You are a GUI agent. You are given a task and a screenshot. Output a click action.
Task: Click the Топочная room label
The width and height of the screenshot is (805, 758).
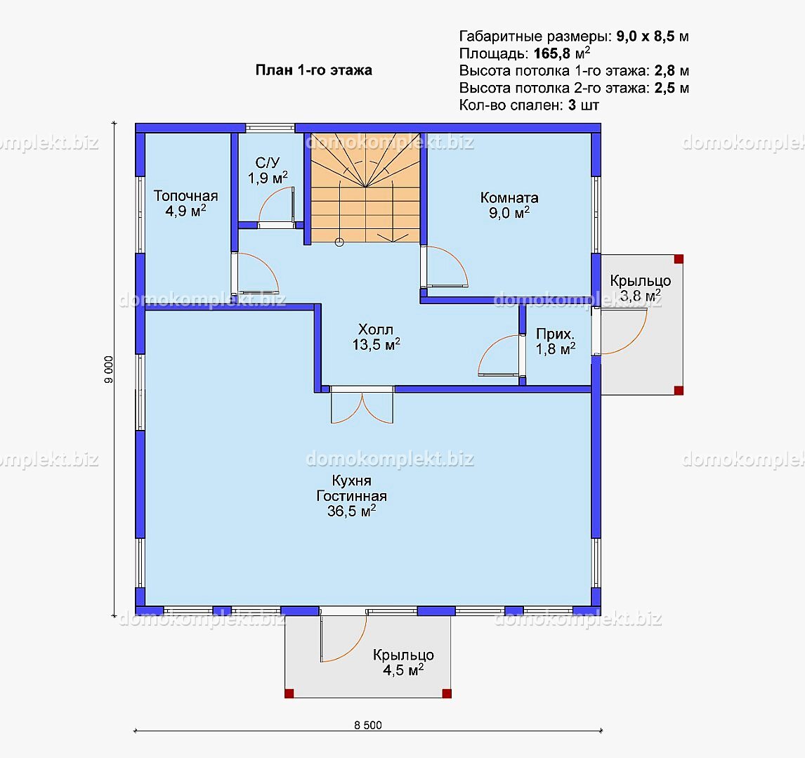[186, 203]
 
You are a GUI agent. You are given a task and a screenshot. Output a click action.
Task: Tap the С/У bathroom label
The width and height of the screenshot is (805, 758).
[268, 171]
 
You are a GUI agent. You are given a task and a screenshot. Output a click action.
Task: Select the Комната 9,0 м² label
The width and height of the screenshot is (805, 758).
[509, 205]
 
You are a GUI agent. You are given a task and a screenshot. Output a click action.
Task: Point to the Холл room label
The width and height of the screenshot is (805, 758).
[376, 337]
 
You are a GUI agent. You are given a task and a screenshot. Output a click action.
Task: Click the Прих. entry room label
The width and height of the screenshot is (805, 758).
[556, 341]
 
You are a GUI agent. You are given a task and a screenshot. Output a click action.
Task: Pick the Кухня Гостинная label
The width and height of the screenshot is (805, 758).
[352, 495]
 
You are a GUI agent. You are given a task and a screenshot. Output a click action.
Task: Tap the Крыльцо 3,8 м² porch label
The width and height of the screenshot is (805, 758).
[640, 288]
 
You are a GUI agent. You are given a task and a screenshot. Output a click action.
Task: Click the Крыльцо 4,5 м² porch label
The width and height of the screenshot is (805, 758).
[403, 662]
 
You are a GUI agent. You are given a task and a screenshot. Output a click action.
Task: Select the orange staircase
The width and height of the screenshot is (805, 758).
[365, 188]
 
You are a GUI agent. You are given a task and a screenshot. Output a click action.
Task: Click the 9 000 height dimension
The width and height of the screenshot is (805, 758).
[108, 370]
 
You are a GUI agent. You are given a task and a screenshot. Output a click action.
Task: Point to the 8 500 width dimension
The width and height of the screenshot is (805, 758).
[368, 725]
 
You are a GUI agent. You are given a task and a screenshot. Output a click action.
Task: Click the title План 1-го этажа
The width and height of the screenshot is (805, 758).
[314, 70]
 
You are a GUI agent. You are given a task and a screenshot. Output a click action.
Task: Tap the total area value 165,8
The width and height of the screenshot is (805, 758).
[552, 53]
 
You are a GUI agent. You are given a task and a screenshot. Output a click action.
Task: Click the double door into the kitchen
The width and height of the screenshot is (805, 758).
[362, 405]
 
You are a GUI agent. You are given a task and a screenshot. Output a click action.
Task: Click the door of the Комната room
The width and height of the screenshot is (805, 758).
[445, 266]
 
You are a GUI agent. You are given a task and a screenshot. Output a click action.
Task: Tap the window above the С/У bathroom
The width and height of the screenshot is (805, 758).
[270, 128]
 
